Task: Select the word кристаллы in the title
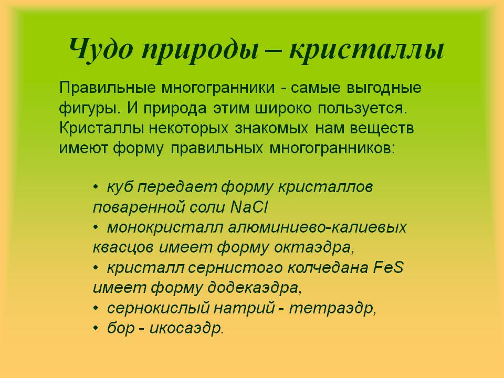pos(367,51)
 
